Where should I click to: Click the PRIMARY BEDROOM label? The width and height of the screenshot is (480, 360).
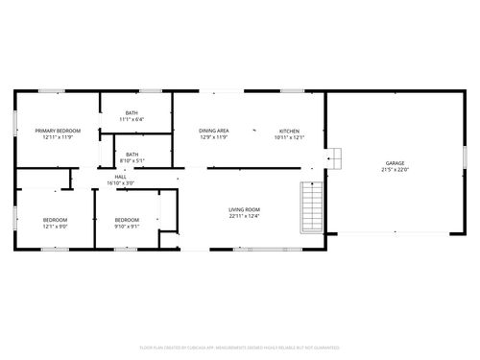pos(58,131)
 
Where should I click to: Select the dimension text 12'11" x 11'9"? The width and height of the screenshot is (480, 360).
pos(58,137)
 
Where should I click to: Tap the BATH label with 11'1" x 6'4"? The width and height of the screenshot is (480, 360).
pos(132,112)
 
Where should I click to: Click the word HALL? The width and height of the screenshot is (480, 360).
pos(121,177)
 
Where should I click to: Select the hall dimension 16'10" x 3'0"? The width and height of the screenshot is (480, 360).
pos(121,182)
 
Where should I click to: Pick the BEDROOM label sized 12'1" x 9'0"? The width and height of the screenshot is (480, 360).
pos(55,220)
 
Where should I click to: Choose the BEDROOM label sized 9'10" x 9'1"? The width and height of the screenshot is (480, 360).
pos(127,220)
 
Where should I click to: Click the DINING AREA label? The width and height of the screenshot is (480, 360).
pos(213,131)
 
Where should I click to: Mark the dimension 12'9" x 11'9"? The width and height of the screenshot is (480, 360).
pos(213,137)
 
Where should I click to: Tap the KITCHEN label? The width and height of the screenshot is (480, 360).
pos(289,131)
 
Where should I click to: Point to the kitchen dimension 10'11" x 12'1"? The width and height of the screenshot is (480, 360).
pos(289,137)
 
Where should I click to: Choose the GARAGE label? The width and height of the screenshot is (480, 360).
pos(396,163)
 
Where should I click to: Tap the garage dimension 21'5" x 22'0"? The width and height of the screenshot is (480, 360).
pos(396,170)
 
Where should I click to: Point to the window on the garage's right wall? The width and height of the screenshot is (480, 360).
pos(465,156)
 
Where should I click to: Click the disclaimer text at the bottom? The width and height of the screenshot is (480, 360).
pos(240,347)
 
